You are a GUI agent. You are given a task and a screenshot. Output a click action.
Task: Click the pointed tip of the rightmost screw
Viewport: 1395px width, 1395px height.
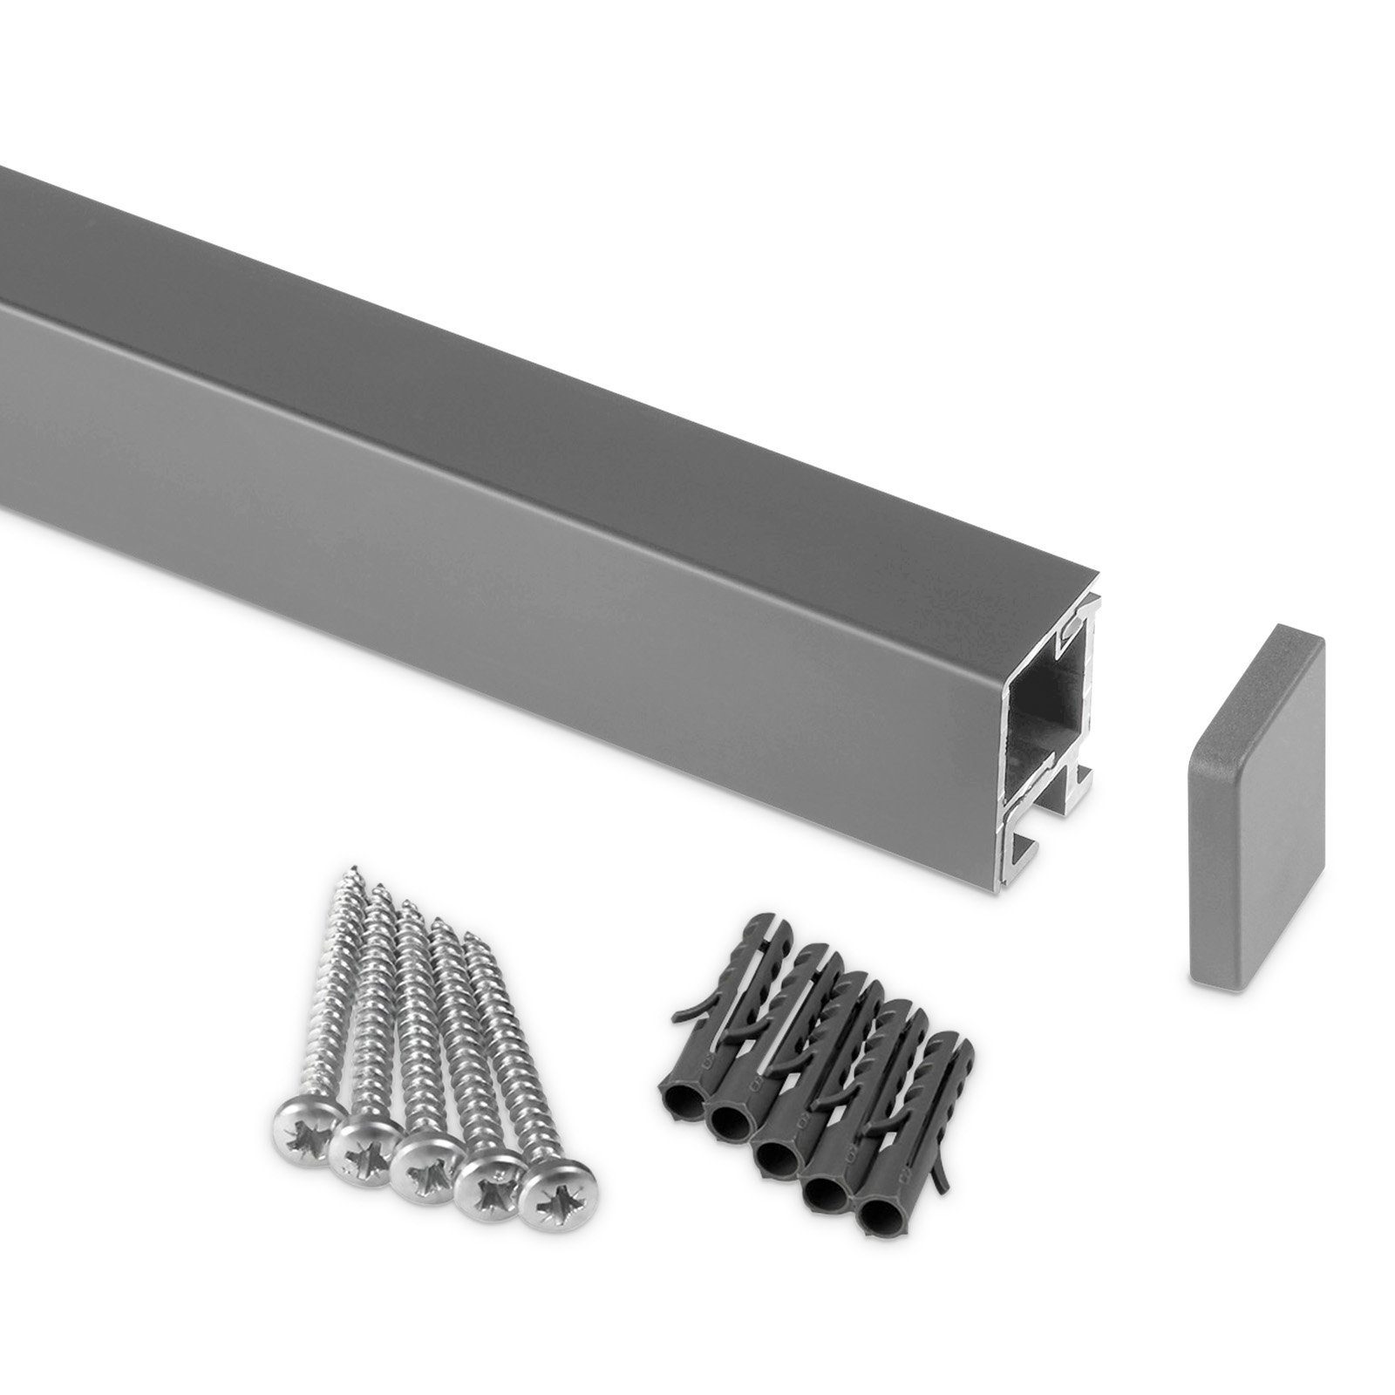[x=468, y=937]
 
